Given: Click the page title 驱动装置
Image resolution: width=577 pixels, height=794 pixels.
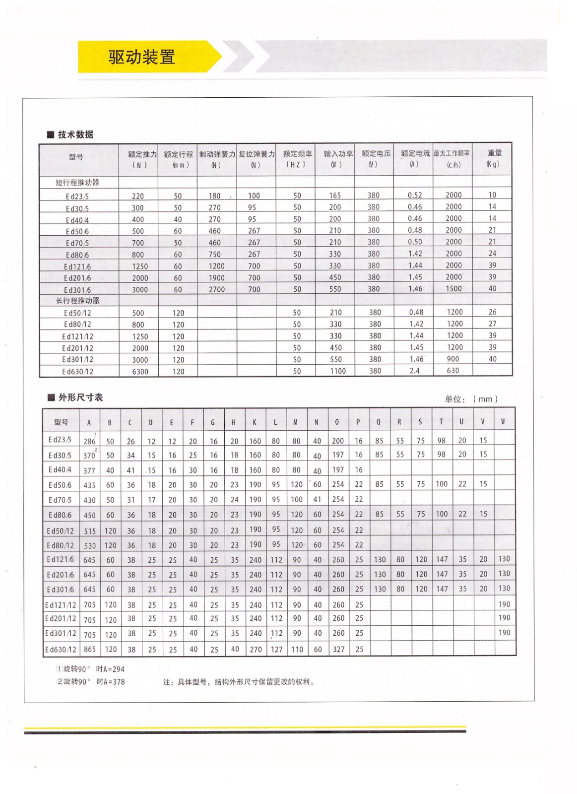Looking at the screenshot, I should (142, 57).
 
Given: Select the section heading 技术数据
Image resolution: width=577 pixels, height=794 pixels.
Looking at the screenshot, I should (75, 134).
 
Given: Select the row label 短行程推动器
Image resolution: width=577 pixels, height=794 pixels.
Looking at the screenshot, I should (77, 183).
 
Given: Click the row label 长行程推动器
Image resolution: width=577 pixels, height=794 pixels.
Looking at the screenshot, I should (78, 301).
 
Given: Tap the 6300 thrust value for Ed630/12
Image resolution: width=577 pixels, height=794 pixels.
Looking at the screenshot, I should (140, 372).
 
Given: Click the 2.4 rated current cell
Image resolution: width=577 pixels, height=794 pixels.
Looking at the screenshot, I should (415, 371).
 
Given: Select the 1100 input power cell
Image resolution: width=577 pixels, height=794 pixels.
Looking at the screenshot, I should (338, 371).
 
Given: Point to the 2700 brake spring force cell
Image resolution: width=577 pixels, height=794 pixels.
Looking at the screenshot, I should (216, 290).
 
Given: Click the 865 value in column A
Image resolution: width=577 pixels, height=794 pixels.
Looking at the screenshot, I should (90, 649).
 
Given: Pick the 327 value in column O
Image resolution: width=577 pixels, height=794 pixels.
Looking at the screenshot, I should (338, 649).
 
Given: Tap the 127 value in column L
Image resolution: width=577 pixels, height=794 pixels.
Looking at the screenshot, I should (276, 649).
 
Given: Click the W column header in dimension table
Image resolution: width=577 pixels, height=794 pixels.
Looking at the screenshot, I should (503, 422).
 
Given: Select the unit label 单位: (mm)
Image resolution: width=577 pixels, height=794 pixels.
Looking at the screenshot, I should (471, 399).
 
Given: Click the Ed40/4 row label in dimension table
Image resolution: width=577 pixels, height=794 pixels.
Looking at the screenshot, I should (60, 470).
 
